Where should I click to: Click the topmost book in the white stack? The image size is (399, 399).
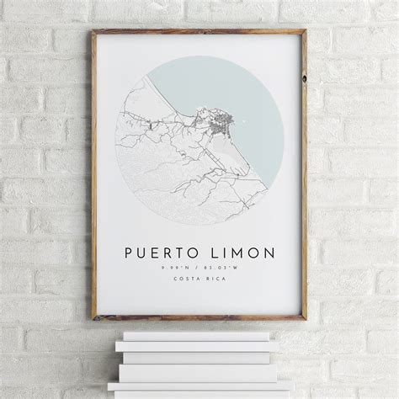[x=199, y=336]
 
